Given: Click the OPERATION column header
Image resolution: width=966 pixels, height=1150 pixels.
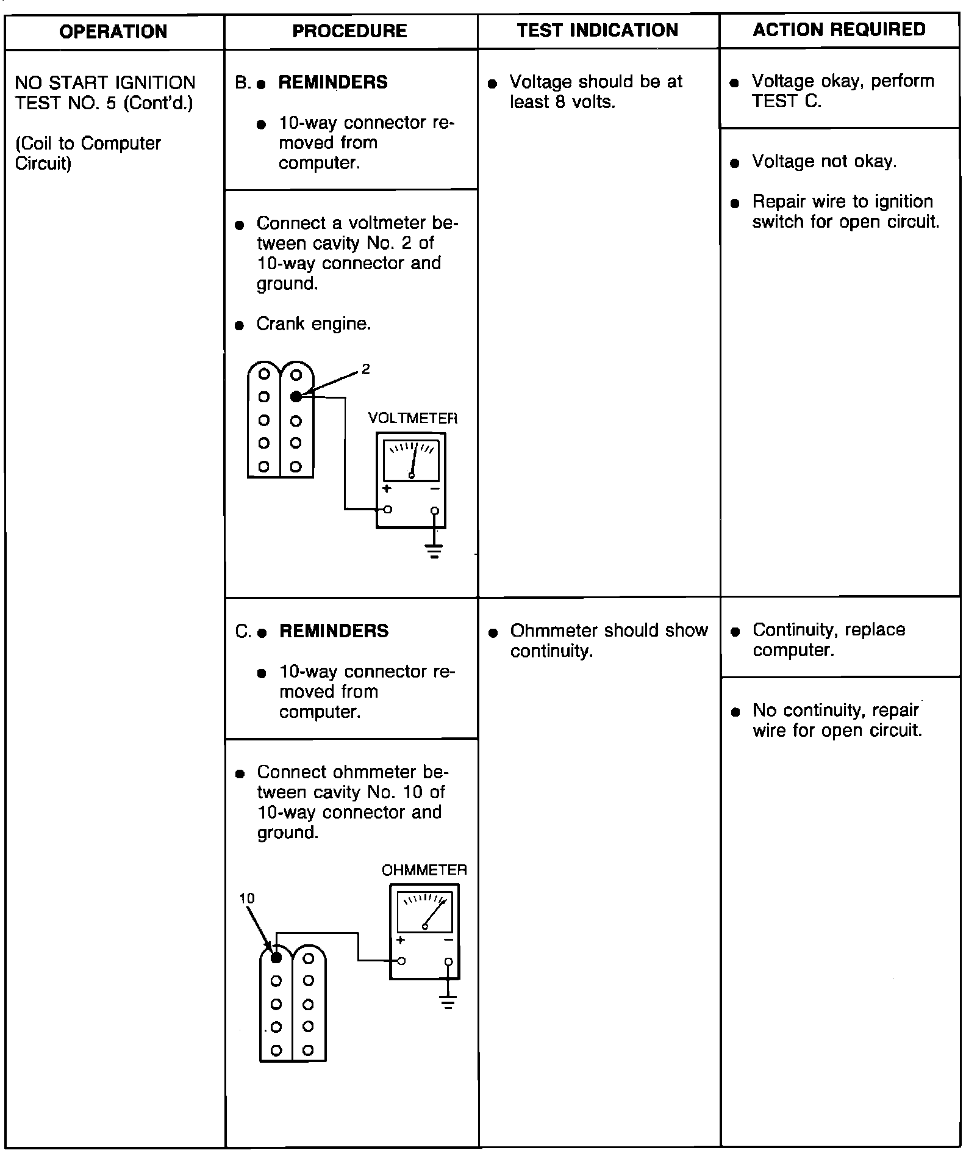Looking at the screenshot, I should point(113,32).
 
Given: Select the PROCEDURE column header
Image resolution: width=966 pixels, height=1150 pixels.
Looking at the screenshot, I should point(349,31).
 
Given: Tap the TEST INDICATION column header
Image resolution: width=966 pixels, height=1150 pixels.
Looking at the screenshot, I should point(597,31).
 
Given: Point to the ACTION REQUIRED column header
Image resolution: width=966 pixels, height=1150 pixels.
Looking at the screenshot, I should point(839,29).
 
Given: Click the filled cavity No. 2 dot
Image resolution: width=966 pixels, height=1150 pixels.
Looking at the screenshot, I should point(296,397).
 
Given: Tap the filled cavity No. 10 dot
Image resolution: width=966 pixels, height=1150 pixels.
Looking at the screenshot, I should point(276,958).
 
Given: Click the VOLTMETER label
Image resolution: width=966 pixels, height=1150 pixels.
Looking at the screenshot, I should point(412,418).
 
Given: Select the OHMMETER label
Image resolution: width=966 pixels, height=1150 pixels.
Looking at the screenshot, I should point(424,870).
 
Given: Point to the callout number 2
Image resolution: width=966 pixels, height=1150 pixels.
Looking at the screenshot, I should point(365,369).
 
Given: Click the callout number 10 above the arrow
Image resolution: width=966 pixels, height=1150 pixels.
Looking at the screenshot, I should point(247,898).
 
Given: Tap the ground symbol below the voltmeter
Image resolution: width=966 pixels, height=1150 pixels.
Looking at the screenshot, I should point(434,552).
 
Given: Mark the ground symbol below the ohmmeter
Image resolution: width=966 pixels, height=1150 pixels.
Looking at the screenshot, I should point(448,1003).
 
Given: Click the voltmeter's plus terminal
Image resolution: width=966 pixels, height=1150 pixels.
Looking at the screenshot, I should point(388,510).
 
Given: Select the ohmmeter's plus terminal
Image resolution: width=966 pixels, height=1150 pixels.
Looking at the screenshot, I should point(401,961).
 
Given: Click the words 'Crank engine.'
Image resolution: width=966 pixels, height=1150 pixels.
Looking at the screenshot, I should point(313,324).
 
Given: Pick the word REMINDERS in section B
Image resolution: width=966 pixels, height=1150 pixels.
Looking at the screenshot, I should point(333,82).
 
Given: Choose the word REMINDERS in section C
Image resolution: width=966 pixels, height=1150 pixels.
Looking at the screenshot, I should point(334,631).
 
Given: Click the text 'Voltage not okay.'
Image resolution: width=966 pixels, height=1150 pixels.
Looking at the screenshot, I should point(824,161).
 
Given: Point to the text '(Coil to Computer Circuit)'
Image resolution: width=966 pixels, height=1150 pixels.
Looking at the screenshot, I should point(88,153).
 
